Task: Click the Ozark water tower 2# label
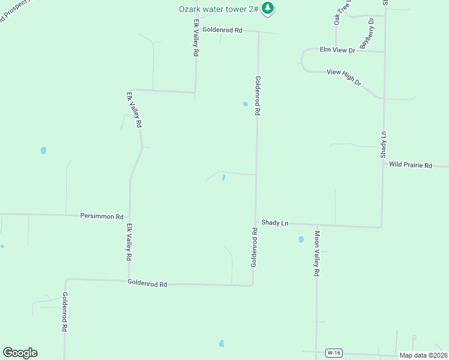(x=218, y=8)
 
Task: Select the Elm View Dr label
(x=337, y=50)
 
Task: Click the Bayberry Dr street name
(x=367, y=34)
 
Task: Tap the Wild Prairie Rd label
(x=411, y=164)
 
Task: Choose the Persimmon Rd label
(x=101, y=216)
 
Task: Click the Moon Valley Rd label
(x=317, y=253)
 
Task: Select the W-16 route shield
(x=334, y=353)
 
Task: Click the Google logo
(x=20, y=353)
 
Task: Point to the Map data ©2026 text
(x=423, y=355)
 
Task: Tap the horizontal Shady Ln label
(x=275, y=223)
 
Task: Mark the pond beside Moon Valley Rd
(x=301, y=239)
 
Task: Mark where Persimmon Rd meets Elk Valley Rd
(x=130, y=217)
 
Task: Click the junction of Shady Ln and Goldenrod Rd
(x=256, y=222)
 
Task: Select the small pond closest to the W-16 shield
(x=221, y=344)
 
